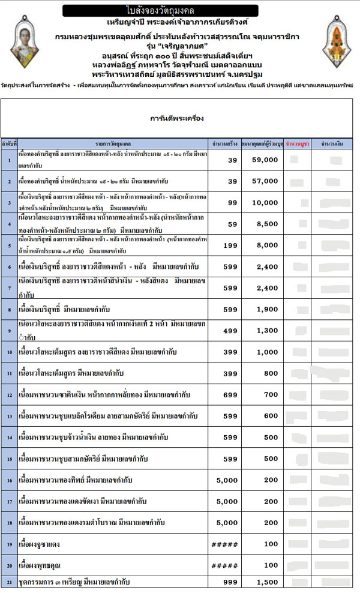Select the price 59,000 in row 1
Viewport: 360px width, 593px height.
coord(263,160)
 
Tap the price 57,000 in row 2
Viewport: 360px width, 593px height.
coord(263,181)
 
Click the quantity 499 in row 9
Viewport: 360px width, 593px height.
coord(231,331)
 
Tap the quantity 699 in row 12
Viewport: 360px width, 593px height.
coord(231,395)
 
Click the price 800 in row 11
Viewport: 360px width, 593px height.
coord(271,373)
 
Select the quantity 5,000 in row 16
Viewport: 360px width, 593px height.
coord(226,480)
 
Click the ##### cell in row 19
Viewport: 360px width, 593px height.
coord(226,544)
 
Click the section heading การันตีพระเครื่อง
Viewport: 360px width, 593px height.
coord(178,118)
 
